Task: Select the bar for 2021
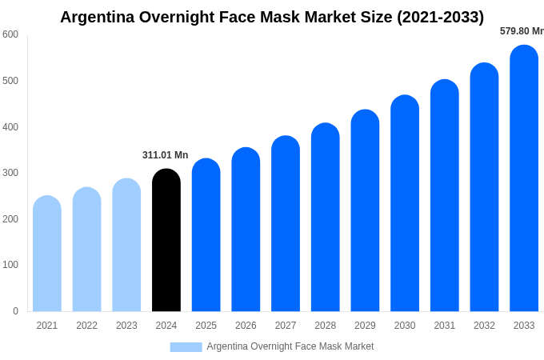47,254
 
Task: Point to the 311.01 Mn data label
165,155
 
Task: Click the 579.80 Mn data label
521,31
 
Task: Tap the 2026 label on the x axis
246,326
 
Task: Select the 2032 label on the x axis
484,326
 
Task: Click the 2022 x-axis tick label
86,326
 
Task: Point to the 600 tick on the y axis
10,34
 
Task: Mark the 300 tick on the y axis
10,173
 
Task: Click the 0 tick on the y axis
15,311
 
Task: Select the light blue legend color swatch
186,347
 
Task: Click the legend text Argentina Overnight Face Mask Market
290,346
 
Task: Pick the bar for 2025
206,235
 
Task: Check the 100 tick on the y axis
10,265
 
